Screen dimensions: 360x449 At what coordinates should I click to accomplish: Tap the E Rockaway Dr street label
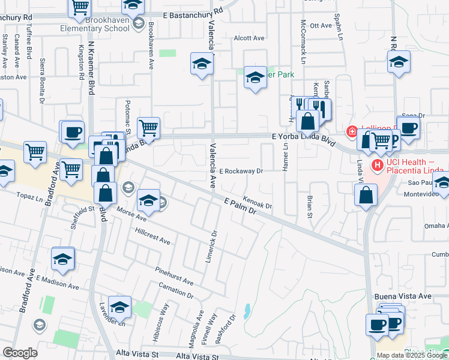coord(241,171)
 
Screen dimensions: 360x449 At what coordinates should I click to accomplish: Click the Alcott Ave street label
coord(249,38)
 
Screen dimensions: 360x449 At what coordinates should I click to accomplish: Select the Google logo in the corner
coord(20,353)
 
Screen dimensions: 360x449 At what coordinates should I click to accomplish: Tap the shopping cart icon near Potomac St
coord(148,127)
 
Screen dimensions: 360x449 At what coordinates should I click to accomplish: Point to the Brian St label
coord(310,206)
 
